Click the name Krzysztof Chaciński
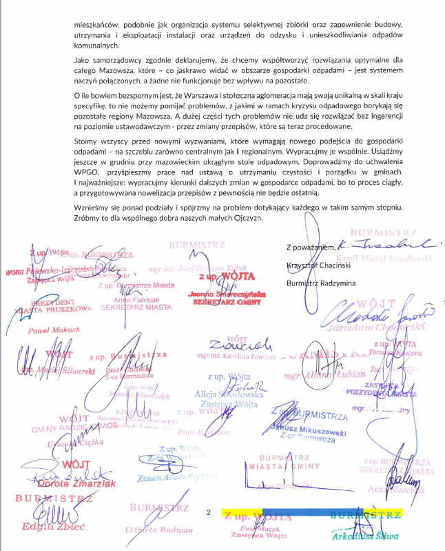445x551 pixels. pos(319,266)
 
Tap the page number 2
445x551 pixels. pos(208,512)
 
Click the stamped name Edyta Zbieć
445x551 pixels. pos(50,526)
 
